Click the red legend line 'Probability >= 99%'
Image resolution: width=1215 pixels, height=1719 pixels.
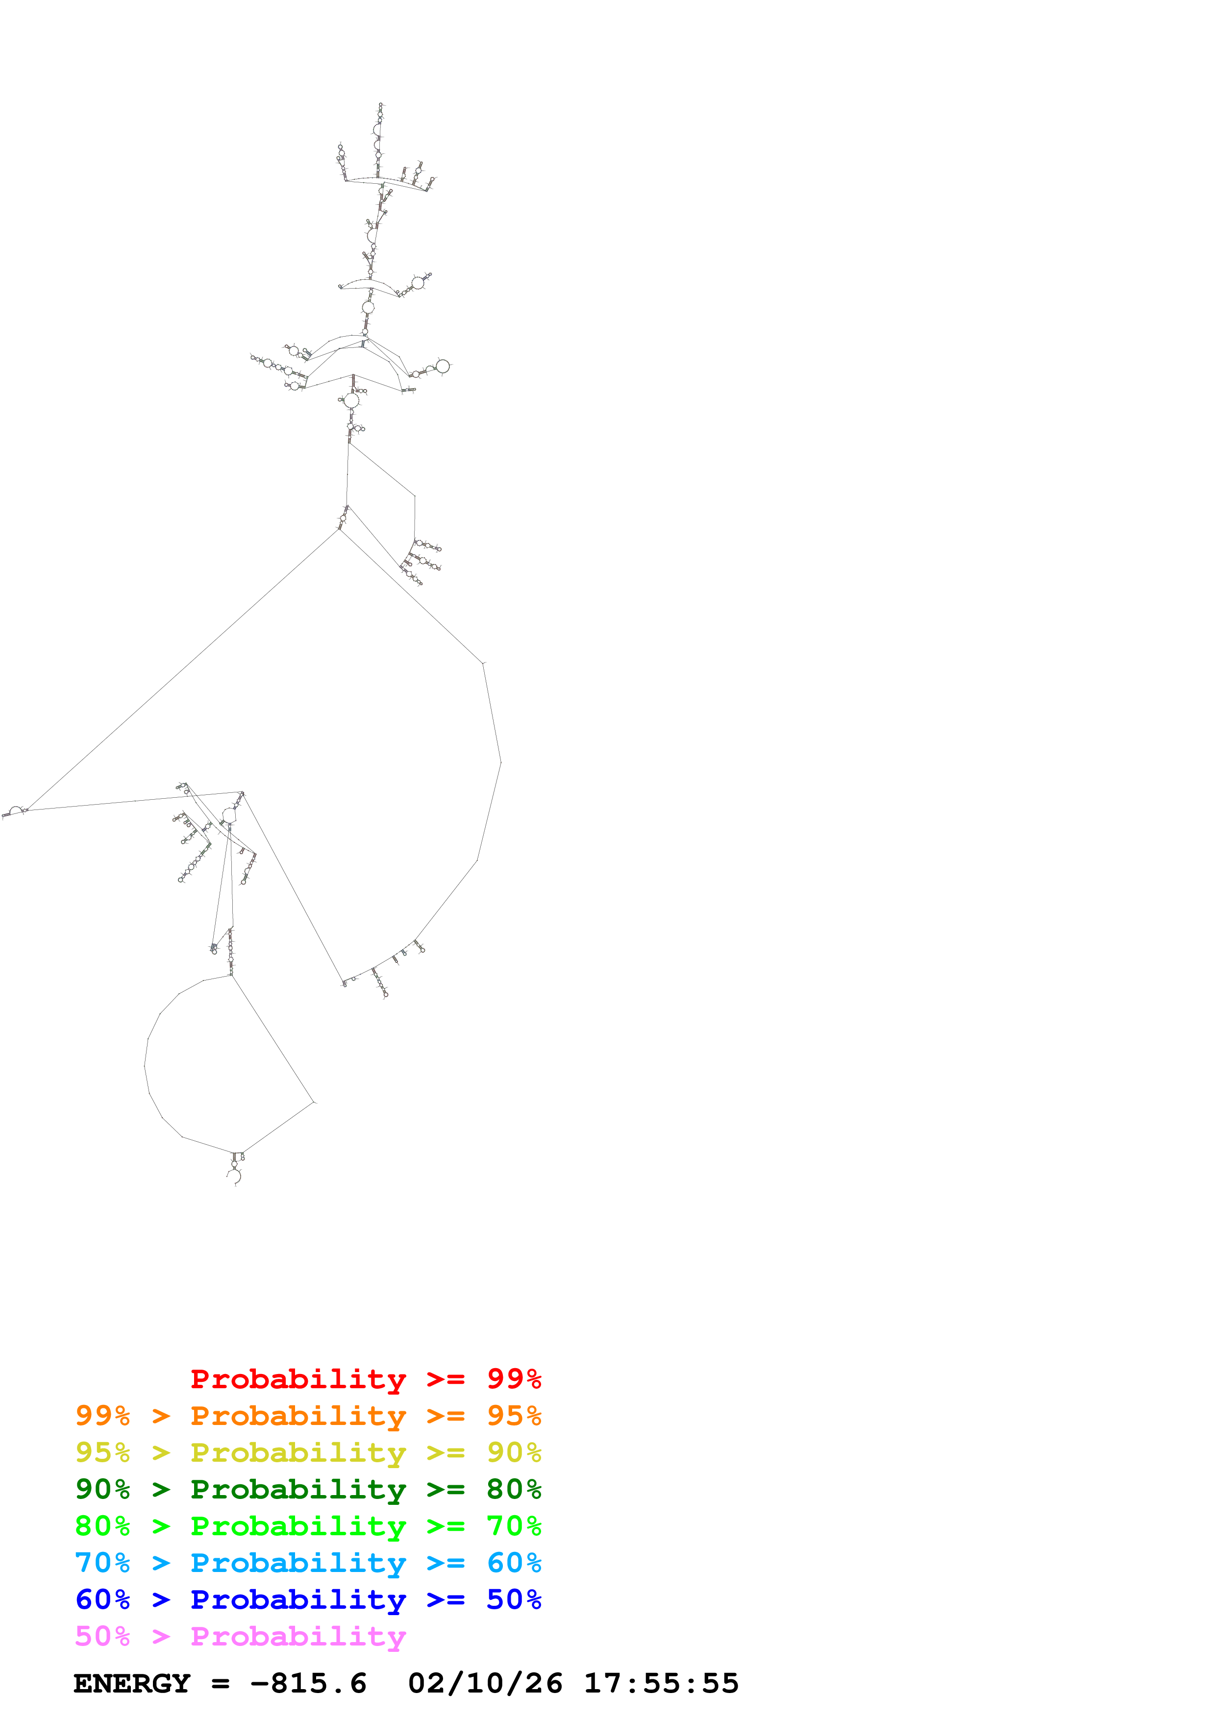click(x=365, y=1379)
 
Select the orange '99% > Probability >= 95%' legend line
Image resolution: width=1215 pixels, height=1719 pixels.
click(x=308, y=1416)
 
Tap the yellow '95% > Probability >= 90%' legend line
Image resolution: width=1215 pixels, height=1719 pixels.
click(x=308, y=1452)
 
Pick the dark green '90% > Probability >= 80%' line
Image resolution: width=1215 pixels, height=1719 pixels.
click(x=308, y=1489)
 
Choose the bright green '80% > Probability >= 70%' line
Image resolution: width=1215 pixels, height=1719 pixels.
click(x=308, y=1526)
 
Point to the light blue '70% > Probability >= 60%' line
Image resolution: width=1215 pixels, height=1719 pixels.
click(x=308, y=1563)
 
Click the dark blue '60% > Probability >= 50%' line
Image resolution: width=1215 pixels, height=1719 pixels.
click(x=308, y=1599)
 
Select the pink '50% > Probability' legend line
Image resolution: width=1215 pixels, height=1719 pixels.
click(x=240, y=1636)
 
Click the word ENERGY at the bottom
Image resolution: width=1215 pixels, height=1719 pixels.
click(x=132, y=1683)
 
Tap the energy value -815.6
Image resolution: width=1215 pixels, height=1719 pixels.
click(x=308, y=1683)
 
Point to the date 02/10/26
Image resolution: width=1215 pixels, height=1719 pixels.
click(x=485, y=1683)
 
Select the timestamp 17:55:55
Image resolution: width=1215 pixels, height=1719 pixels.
click(x=661, y=1683)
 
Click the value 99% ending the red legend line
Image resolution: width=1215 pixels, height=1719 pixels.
click(x=514, y=1379)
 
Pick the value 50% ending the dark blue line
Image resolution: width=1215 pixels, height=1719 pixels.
click(x=514, y=1599)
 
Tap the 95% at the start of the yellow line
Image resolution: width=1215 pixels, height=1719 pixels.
click(x=102, y=1452)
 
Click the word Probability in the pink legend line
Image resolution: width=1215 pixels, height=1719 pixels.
click(x=298, y=1636)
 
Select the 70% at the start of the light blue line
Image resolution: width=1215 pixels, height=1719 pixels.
click(x=102, y=1563)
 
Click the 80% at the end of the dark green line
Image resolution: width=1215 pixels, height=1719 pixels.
click(x=514, y=1489)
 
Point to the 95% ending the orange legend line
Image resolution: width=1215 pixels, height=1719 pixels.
click(x=514, y=1416)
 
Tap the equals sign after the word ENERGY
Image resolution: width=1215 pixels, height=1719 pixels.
click(x=220, y=1684)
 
